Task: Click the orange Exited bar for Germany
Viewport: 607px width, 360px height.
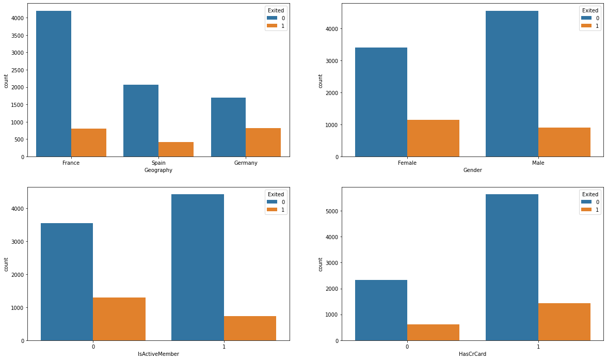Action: point(263,143)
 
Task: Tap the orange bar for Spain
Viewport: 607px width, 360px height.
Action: point(176,149)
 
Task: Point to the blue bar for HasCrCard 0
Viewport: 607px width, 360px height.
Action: point(381,310)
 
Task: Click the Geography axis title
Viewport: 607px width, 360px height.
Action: point(158,170)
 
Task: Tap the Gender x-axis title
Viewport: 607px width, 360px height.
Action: point(472,170)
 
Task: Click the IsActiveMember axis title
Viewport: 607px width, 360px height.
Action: point(158,354)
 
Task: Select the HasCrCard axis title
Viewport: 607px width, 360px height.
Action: point(472,354)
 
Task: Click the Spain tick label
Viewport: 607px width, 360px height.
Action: point(158,163)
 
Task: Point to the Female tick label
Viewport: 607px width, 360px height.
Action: point(407,163)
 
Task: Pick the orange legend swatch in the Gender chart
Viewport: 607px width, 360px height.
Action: point(586,26)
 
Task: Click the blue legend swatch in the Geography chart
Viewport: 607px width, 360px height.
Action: point(271,18)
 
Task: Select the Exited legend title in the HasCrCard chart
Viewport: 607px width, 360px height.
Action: point(590,194)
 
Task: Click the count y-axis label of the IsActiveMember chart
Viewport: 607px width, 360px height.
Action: point(6,264)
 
